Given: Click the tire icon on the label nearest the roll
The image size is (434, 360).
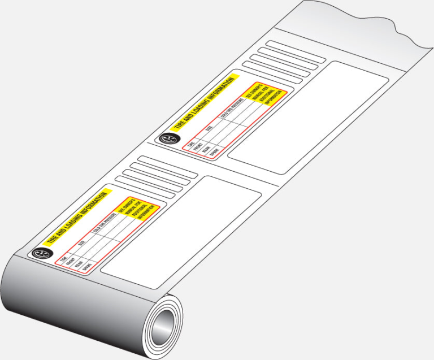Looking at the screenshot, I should (x=40, y=254).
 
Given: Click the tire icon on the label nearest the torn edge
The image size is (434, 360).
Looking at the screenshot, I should (x=167, y=138).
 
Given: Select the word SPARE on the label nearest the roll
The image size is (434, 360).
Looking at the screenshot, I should (x=88, y=270).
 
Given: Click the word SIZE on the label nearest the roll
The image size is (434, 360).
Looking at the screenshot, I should (x=83, y=244).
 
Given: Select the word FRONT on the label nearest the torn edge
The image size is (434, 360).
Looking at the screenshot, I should (x=198, y=146).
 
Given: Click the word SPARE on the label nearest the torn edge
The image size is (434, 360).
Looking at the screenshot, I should (x=215, y=152).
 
